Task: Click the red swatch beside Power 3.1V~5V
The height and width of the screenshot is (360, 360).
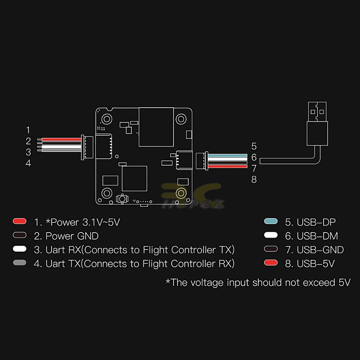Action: pos(19,221)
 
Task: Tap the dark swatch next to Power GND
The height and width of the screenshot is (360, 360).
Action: pos(19,235)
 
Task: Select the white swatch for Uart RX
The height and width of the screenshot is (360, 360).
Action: pos(19,249)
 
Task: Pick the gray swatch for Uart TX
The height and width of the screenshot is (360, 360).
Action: pos(19,263)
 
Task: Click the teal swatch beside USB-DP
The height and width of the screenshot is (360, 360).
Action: pos(271,221)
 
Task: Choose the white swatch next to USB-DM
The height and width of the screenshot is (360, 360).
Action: pos(271,235)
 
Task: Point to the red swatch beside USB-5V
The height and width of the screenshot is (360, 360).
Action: pos(271,263)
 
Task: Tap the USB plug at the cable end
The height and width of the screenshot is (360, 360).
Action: pos(317,124)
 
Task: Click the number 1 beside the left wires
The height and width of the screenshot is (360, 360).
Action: pos(28,130)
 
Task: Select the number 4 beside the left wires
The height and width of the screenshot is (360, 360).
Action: pos(28,163)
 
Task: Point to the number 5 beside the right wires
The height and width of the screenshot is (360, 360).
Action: pos(254,146)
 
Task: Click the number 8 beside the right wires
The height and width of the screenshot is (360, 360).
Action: pos(254,179)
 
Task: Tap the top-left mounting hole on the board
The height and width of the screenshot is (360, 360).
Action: pos(107,119)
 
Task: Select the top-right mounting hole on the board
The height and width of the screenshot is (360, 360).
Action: pos(180,119)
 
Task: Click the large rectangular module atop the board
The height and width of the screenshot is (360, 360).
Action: pos(156,127)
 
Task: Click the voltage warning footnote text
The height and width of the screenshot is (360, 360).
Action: pos(258,282)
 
